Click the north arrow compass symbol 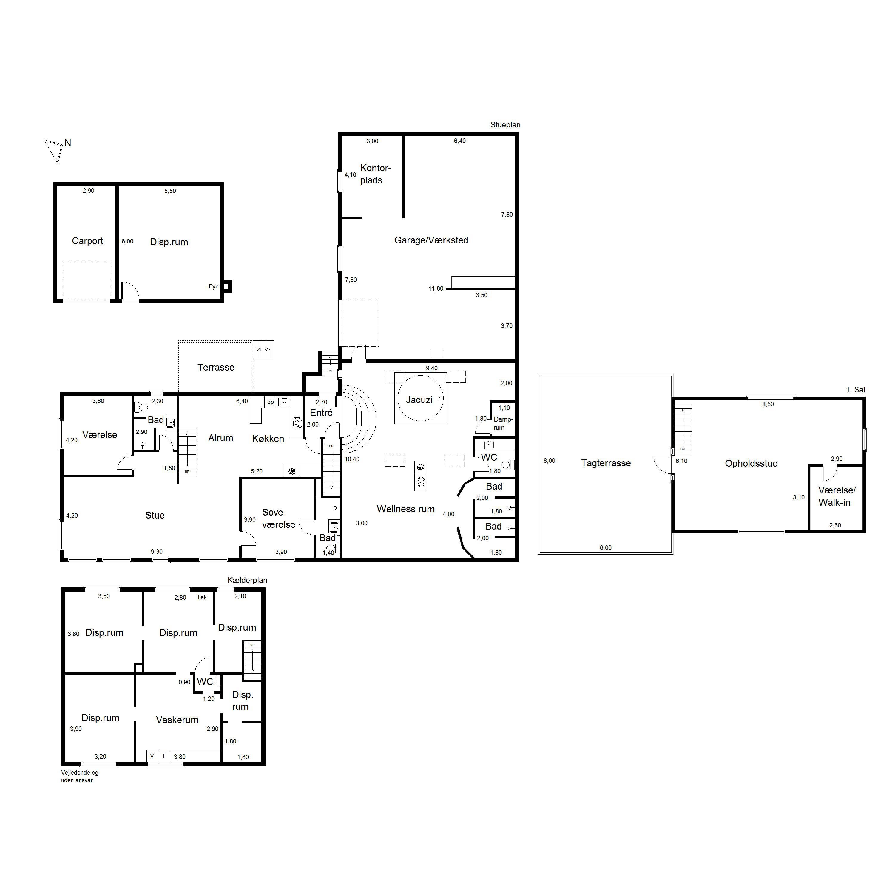coord(54,151)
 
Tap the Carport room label coord(87,241)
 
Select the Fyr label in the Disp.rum coord(213,286)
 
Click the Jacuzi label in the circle coord(419,400)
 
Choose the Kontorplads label coord(376,174)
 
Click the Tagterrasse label coord(606,463)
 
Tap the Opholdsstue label coord(752,463)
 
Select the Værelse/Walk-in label coord(837,496)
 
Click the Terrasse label coord(216,367)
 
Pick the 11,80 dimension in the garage coord(436,288)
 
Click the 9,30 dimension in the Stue coord(157,552)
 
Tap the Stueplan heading coord(505,125)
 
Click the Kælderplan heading coord(247,581)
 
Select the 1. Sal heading coord(856,390)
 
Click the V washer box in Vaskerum coord(152,756)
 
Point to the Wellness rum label coord(406,509)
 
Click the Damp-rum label coord(503,423)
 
